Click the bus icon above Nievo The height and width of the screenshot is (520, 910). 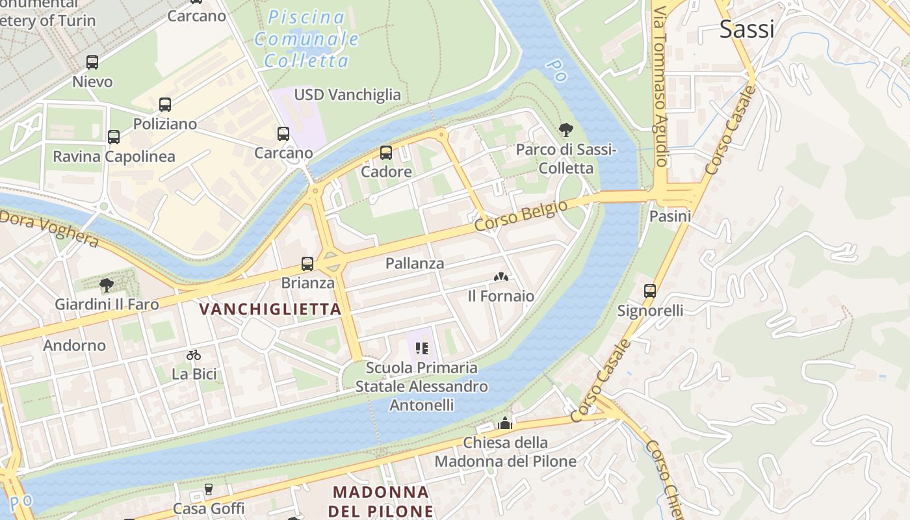(92, 62)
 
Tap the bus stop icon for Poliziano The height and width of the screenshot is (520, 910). (165, 105)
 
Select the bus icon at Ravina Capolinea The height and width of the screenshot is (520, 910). (114, 137)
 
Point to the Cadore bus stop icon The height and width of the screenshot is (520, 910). (386, 153)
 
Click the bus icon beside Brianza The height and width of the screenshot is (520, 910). (307, 264)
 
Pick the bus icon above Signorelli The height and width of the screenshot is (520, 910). (650, 291)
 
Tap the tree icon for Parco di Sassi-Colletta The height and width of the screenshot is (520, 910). (565, 130)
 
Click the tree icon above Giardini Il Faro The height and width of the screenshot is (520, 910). (107, 285)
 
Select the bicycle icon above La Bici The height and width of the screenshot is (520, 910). (194, 355)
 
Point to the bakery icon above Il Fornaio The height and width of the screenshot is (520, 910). (500, 277)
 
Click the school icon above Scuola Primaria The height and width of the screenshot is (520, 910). (421, 348)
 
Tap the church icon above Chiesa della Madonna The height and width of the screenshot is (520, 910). (505, 424)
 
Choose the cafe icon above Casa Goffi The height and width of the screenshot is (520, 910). (209, 489)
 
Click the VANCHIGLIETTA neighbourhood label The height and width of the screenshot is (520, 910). (270, 309)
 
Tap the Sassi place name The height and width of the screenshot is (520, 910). (747, 29)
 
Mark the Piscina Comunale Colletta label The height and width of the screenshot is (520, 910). (305, 39)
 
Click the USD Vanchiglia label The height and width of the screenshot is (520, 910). (348, 95)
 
